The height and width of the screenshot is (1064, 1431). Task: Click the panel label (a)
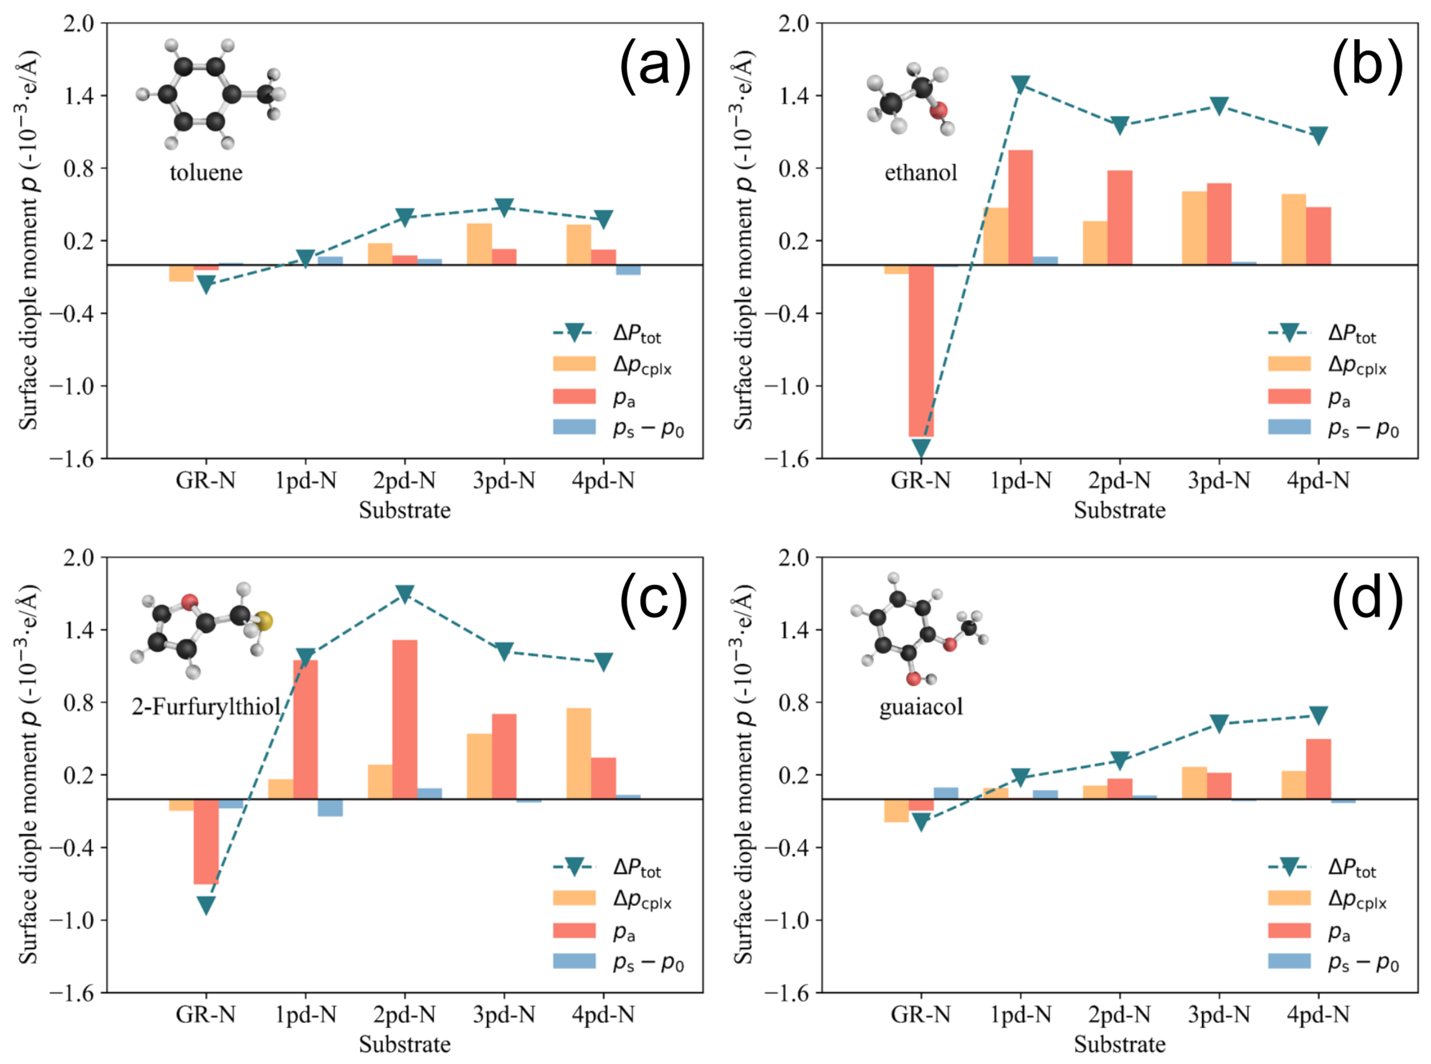[654, 66]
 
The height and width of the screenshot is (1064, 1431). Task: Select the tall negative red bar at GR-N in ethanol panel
[921, 351]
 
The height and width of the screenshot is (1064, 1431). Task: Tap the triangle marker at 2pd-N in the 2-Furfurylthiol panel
[404, 593]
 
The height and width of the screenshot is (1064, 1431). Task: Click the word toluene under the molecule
[206, 172]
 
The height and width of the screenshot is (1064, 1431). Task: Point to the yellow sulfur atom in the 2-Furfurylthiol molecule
[264, 621]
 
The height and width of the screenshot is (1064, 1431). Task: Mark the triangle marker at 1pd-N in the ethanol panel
[1020, 84]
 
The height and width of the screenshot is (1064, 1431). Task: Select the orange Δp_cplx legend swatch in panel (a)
[574, 364]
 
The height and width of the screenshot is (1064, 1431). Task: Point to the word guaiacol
[921, 707]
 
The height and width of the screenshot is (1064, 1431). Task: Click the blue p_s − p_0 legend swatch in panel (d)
[1288, 962]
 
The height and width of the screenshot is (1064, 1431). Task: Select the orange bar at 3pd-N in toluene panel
[479, 244]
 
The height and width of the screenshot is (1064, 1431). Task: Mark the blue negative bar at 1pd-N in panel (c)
[330, 807]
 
